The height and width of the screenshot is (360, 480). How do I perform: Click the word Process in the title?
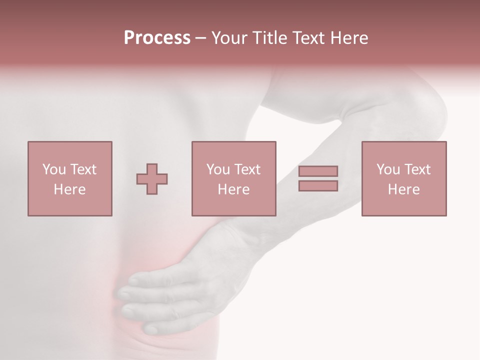157,38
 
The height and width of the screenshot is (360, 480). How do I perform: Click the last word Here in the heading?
349,38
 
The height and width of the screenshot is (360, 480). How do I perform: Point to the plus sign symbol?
152,179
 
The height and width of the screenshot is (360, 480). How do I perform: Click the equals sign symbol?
318,178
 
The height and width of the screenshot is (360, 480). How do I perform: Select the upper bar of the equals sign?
318,171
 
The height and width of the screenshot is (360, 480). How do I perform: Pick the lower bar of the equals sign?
318,185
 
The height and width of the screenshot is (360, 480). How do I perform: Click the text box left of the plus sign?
69,178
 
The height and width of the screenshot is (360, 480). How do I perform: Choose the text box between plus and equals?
233,178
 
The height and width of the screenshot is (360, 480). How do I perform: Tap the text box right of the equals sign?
403,178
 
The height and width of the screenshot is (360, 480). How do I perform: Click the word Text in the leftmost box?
83,169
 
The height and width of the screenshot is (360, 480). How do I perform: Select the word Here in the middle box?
233,189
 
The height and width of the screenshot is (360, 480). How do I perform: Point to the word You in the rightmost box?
388,169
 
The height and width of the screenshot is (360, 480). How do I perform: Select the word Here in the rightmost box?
403,189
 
